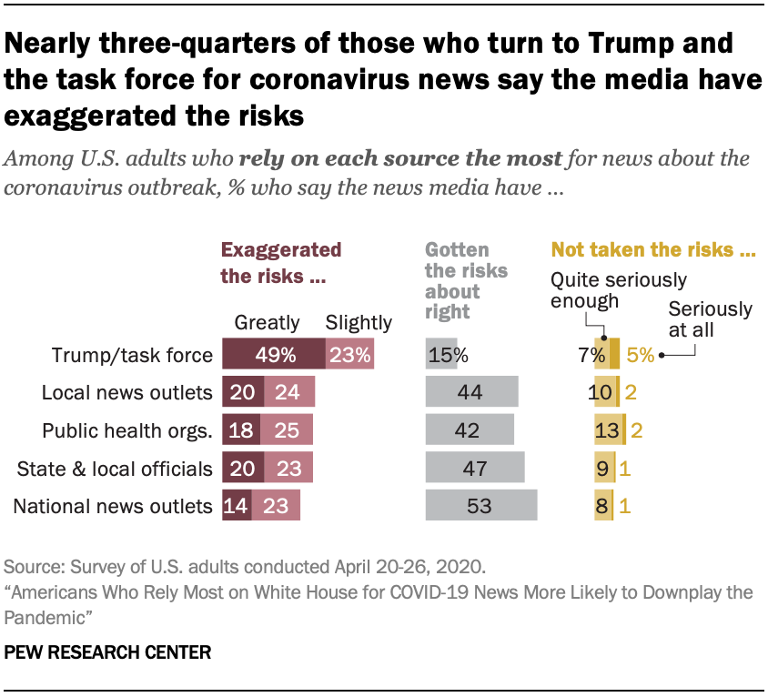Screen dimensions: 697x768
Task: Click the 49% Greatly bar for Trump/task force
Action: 273,355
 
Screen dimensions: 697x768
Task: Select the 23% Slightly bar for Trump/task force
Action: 349,355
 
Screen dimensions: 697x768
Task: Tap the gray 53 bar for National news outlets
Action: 480,506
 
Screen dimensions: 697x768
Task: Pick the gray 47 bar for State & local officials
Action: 474,468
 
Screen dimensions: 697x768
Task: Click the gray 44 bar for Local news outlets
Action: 471,392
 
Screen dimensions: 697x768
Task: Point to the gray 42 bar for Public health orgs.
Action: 469,430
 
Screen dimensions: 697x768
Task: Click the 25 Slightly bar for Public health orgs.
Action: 286,430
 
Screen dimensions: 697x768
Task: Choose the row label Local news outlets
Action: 127,393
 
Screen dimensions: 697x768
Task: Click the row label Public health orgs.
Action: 133,430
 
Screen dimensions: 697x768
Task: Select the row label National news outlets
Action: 113,506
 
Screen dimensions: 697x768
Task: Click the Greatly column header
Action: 267,322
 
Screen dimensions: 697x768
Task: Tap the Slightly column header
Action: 359,322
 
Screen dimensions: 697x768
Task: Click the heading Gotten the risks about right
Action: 465,280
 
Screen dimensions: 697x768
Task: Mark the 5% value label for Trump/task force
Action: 640,355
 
